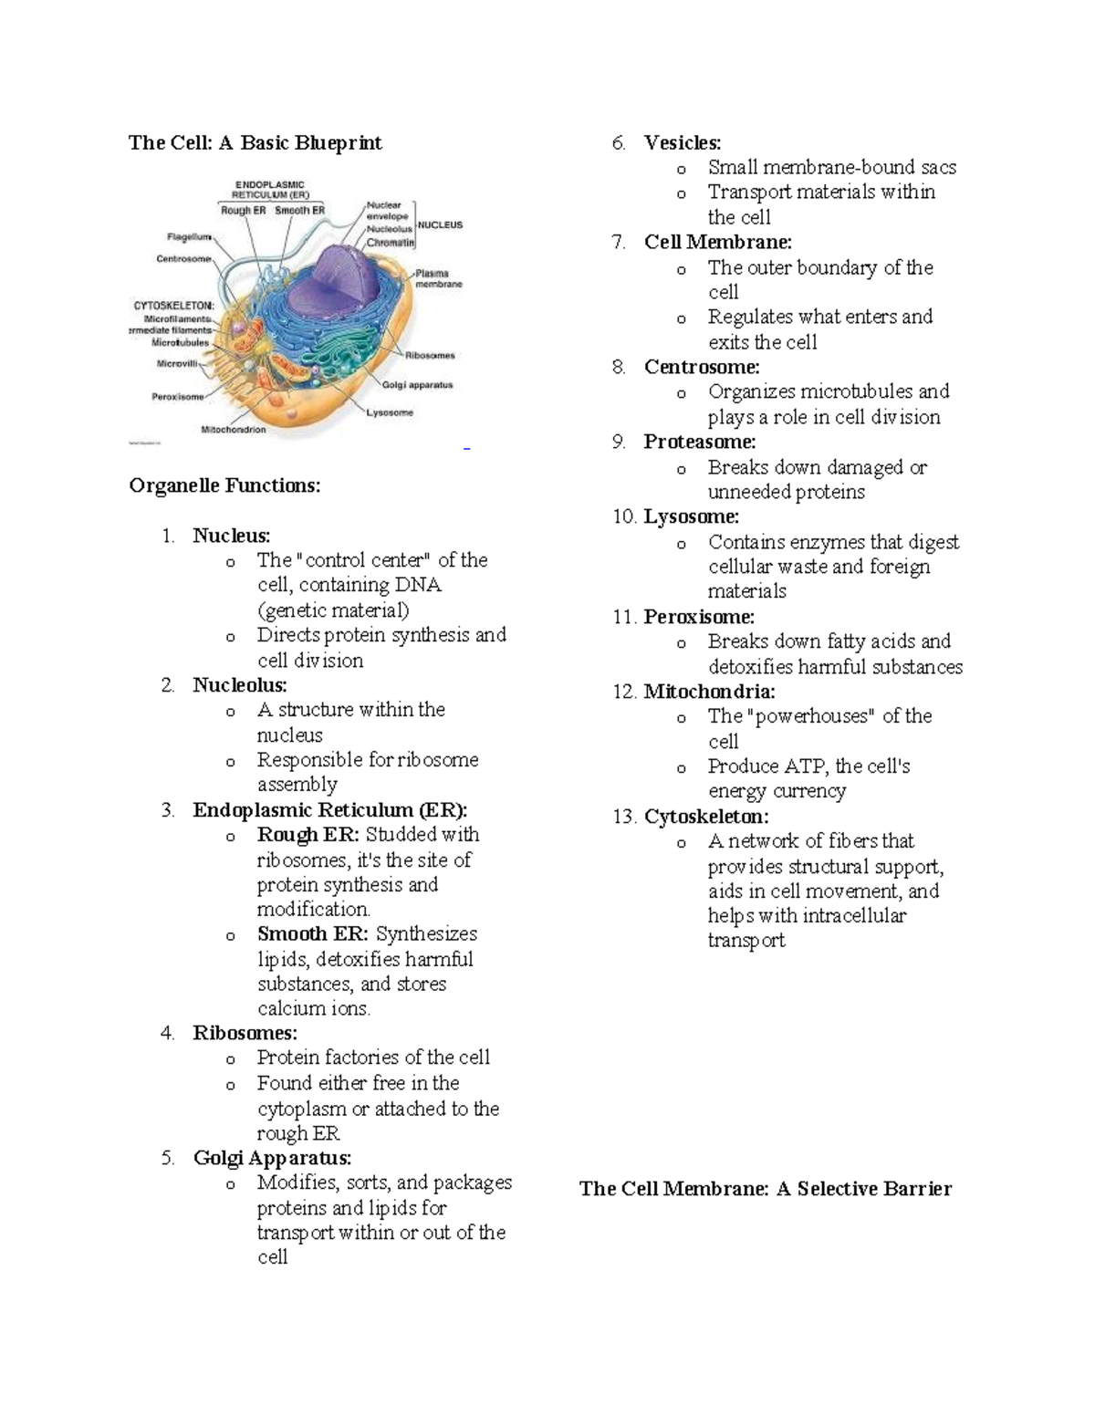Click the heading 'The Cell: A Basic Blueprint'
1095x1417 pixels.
coord(255,142)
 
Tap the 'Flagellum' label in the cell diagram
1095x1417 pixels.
coord(189,236)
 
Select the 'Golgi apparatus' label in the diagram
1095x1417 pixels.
coord(417,385)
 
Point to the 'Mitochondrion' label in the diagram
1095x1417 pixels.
coord(234,429)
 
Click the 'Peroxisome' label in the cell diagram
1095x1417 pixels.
coord(177,397)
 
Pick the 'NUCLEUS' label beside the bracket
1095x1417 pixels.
coord(440,224)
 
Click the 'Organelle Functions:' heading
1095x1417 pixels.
coord(224,485)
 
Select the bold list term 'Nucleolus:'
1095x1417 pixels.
coord(239,685)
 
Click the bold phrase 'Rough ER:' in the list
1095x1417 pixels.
coord(308,835)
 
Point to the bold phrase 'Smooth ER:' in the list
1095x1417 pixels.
coord(313,934)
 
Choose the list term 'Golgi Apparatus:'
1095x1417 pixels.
coord(272,1159)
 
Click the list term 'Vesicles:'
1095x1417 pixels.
coord(682,142)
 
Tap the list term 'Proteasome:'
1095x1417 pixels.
coord(699,443)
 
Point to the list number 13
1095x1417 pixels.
coord(624,817)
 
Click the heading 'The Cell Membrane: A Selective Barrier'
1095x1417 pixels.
coord(765,1189)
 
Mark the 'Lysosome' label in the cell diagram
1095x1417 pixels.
coord(390,412)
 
